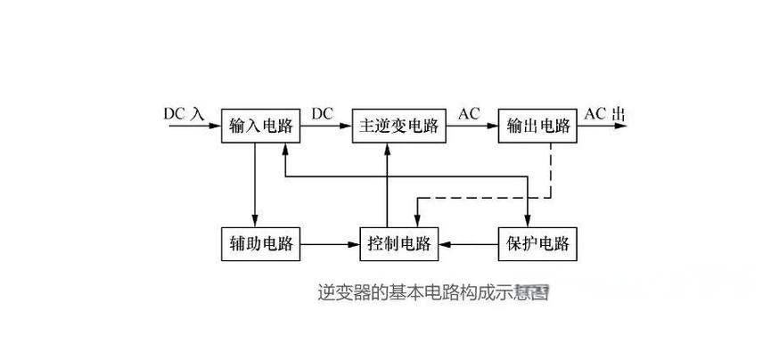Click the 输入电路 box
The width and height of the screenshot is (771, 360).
[260, 126]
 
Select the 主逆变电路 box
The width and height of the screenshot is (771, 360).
[399, 126]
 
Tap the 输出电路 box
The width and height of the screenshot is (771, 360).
[538, 126]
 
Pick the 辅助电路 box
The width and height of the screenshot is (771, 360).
[260, 242]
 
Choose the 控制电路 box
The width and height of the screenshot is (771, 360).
[399, 242]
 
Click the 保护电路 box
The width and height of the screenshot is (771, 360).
[538, 242]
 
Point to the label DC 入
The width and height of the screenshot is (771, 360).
[185, 114]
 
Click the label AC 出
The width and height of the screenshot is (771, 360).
[604, 114]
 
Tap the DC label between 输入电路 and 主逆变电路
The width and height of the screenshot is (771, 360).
[323, 113]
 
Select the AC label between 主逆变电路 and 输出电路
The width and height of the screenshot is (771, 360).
[469, 113]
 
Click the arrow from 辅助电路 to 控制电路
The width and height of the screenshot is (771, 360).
[330, 242]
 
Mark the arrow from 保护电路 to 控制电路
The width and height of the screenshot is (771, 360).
[469, 242]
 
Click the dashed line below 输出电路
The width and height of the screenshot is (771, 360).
[552, 169]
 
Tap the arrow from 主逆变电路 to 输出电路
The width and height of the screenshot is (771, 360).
[471, 127]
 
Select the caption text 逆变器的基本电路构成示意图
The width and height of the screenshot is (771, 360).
[432, 291]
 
